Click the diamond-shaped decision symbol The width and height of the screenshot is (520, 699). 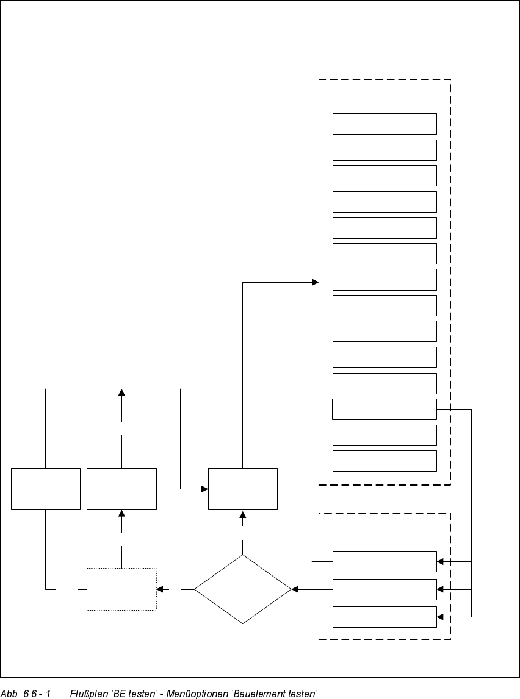coord(243,589)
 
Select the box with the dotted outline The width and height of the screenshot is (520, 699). coord(121,589)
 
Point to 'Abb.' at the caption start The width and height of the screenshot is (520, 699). coord(9,694)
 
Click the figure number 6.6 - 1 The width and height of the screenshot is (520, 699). coord(36,694)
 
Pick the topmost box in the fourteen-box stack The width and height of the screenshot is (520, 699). coord(385,124)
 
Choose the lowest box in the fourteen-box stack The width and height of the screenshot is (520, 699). coord(385,461)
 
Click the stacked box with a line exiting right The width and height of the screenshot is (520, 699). coord(385,409)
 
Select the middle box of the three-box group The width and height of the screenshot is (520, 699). coord(385,589)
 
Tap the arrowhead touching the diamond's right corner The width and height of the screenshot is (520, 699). coord(295,589)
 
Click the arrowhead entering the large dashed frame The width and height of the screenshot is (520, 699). coord(316,282)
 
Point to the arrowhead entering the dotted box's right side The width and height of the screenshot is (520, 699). coord(160,589)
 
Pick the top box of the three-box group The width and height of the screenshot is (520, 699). coord(385,561)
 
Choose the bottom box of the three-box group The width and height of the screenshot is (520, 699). coord(385,617)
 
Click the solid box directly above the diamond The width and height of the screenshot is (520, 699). coord(243,489)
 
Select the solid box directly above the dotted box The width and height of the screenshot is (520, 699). coord(121,489)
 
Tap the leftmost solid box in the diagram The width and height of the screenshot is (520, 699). coord(46,489)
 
